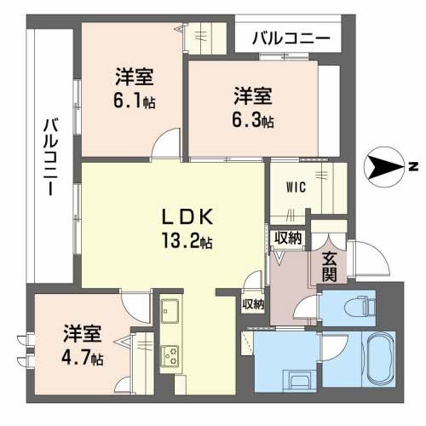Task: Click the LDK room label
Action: pos(187,216)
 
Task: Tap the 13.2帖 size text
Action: pos(187,240)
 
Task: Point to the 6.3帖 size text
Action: pos(253,120)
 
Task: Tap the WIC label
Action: pos(296,187)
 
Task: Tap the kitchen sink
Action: pos(170,311)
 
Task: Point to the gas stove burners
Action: pos(170,355)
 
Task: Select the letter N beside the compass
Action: pos(414,167)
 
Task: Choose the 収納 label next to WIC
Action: pos(288,238)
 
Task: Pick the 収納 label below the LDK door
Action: pos(253,304)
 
